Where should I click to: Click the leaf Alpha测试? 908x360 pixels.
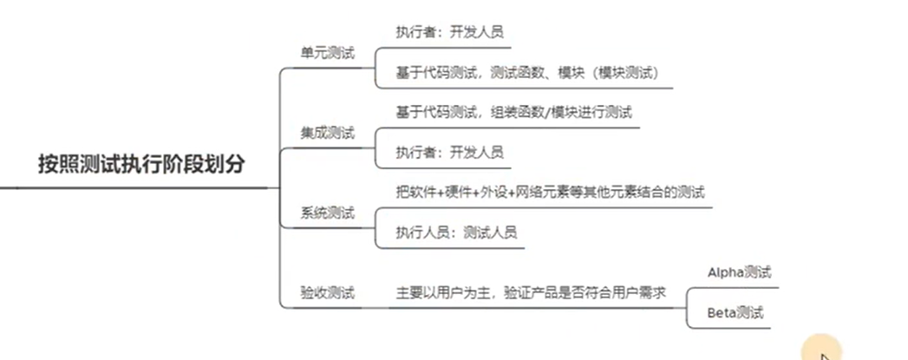coord(740,272)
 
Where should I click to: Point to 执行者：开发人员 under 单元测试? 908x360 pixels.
coord(449,33)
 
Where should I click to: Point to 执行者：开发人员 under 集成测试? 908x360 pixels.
coord(449,152)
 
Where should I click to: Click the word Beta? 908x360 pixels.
coord(722,312)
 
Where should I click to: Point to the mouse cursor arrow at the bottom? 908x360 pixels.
coord(824,353)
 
